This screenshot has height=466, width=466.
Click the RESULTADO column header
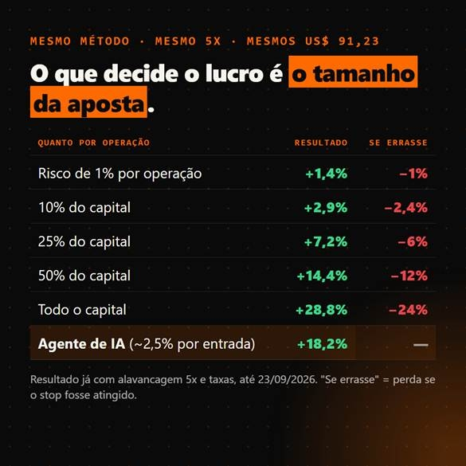[321, 143]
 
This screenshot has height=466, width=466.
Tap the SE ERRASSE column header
[398, 143]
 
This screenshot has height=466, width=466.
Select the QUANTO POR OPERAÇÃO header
[94, 143]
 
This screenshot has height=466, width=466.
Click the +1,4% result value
[327, 174]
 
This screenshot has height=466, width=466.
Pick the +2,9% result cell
[326, 208]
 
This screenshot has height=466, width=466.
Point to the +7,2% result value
[326, 242]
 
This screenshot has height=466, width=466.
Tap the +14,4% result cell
[322, 276]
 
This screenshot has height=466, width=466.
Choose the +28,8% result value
[322, 310]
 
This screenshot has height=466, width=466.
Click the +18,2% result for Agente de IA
[322, 344]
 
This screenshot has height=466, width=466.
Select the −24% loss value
[409, 310]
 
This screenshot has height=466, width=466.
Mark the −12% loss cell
[409, 276]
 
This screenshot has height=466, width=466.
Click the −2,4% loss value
[406, 208]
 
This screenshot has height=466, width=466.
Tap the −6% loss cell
[413, 242]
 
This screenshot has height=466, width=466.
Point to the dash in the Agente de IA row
[421, 345]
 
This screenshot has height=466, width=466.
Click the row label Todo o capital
[82, 310]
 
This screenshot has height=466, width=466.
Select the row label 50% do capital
[84, 276]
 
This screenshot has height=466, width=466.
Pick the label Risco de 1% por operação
[119, 174]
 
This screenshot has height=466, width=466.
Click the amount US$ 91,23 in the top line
[342, 41]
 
